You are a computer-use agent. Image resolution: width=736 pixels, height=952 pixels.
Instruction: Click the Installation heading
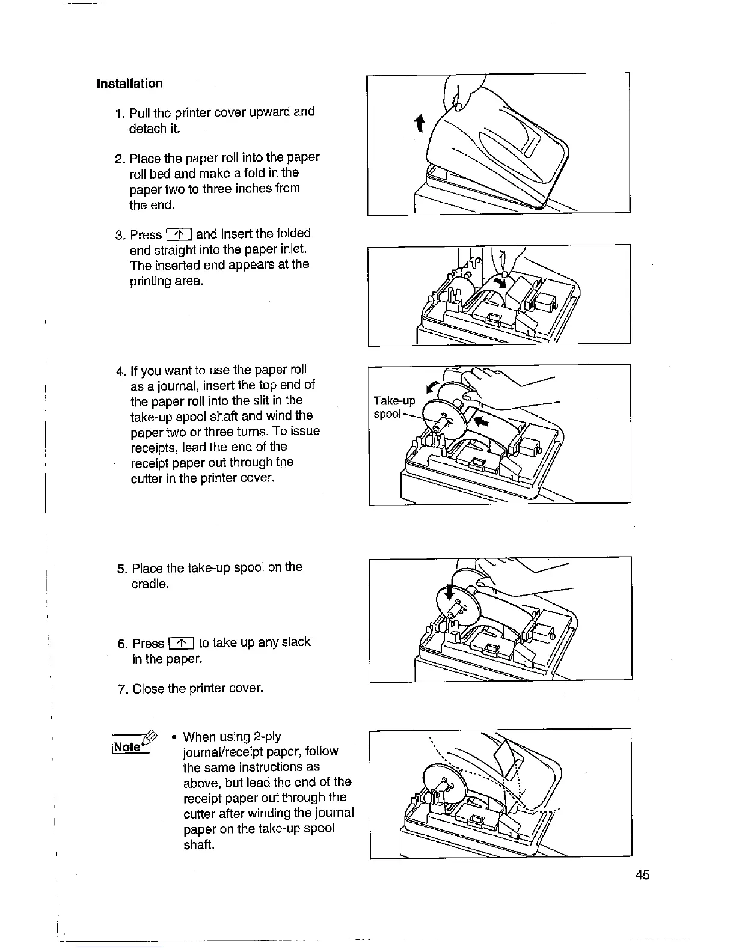coord(129,84)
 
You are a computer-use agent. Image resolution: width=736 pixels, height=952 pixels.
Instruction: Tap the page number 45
coord(642,874)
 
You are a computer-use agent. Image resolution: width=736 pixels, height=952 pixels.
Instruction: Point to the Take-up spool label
coord(394,407)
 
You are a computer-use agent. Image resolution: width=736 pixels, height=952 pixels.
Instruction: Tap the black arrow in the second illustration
coord(499,282)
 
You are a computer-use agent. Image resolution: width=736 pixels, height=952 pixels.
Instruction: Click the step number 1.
coord(118,112)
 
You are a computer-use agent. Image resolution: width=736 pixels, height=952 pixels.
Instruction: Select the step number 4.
coord(120,370)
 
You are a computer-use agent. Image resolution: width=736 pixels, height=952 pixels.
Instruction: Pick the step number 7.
coord(121,688)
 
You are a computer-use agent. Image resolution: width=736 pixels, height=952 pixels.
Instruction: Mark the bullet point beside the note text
coord(173,737)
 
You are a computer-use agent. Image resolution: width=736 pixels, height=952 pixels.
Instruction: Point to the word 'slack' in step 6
coord(296,642)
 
